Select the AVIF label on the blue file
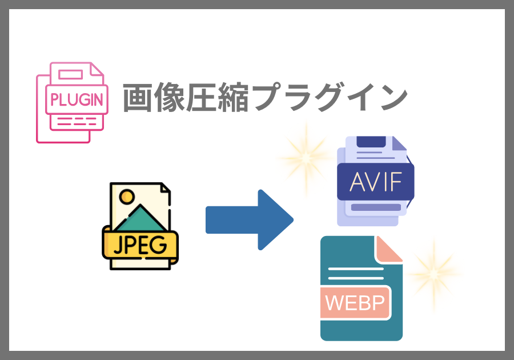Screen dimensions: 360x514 click(375, 182)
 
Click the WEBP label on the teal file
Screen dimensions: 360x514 click(355, 302)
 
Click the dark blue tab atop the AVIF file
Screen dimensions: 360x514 click(371, 143)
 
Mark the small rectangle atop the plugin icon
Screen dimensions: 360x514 click(70, 74)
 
